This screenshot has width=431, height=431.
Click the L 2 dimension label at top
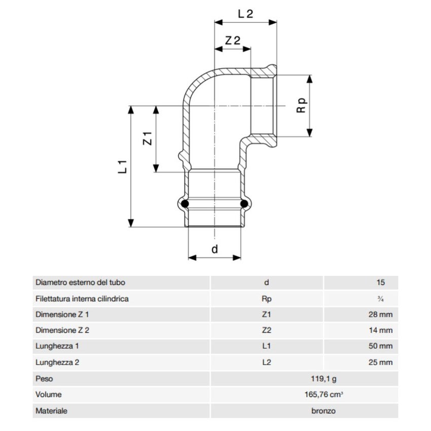click(x=245, y=14)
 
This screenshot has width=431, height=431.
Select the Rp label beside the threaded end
click(x=301, y=105)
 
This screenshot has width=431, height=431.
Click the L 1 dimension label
click(x=122, y=165)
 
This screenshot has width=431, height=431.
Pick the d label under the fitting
click(x=214, y=249)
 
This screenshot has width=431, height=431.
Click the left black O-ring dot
click(x=186, y=204)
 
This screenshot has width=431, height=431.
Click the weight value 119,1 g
click(x=323, y=379)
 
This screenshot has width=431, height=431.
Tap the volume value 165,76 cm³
click(x=323, y=394)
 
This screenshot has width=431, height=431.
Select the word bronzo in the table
click(x=323, y=411)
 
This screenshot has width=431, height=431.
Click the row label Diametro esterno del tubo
click(x=80, y=282)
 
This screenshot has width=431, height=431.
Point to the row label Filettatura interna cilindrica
click(x=82, y=299)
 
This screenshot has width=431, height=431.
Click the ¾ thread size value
click(x=380, y=299)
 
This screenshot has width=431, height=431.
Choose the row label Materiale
click(x=51, y=411)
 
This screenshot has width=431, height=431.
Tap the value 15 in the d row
click(x=381, y=282)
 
